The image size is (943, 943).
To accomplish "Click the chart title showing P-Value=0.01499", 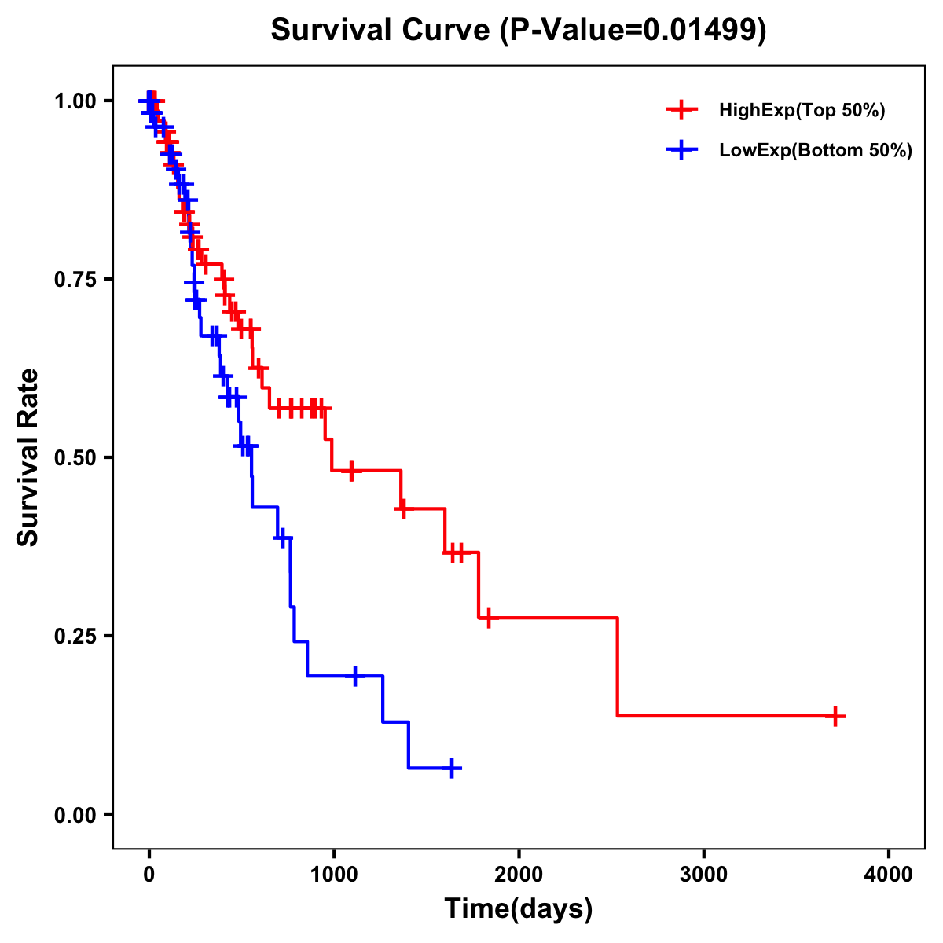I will click(519, 31).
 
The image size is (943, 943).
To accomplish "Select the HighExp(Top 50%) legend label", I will click(802, 111).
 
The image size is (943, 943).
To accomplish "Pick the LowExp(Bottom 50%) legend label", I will click(816, 151).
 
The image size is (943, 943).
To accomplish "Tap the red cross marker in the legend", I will click(682, 110).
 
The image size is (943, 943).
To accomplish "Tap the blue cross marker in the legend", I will click(682, 150).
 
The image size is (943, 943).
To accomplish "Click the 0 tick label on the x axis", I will click(149, 875).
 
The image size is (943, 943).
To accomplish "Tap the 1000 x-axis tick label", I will click(333, 875).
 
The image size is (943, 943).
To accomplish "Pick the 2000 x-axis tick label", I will click(519, 875).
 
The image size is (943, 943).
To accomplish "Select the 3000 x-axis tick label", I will click(703, 875).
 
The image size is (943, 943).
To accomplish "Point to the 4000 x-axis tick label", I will click(889, 875).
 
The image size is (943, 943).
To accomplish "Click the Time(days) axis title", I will click(519, 909).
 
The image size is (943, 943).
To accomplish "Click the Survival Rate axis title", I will click(28, 457).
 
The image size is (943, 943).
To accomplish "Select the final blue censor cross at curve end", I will click(452, 768).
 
